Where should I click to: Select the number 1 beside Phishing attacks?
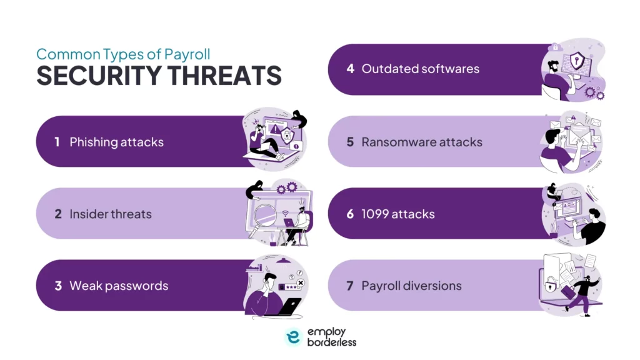[57, 142]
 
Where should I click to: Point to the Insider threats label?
[111, 214]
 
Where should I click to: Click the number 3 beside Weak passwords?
[57, 286]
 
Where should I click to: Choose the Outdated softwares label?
[420, 69]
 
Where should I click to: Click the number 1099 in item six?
[377, 214]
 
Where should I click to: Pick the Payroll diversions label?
[411, 286]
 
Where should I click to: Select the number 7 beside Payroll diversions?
[350, 286]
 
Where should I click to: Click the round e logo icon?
[294, 337]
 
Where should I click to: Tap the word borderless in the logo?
[331, 342]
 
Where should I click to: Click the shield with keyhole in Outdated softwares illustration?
[576, 61]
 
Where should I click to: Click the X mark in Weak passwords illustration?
[300, 282]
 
